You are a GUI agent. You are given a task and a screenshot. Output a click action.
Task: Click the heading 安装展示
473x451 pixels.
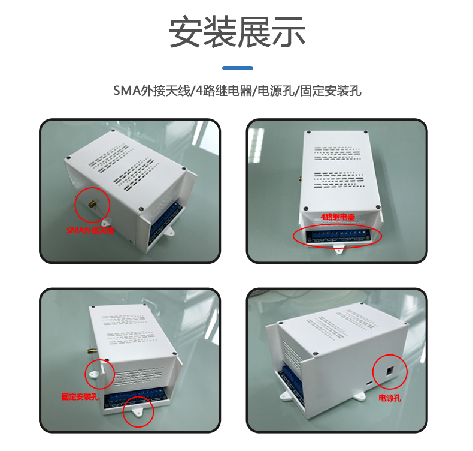click(237, 32)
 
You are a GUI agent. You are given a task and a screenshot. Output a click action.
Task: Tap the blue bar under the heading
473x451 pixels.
click(238, 68)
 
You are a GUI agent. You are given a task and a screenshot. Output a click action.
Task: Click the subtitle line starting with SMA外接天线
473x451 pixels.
click(237, 91)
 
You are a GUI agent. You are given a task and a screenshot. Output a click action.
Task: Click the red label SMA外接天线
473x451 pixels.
click(90, 230)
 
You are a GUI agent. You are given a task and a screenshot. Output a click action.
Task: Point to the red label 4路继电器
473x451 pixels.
click(338, 217)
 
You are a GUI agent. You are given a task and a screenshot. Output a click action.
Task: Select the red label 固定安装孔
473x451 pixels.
click(80, 396)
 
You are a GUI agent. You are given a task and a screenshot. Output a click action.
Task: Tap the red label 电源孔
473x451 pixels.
click(389, 398)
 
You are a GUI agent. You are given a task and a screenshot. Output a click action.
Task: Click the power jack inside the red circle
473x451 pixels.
click(389, 371)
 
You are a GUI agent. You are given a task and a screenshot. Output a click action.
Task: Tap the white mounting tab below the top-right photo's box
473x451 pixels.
click(339, 249)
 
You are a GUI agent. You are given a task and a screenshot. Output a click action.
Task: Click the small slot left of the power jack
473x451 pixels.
click(369, 383)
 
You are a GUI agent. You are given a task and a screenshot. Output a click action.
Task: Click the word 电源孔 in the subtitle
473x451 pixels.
click(275, 91)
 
